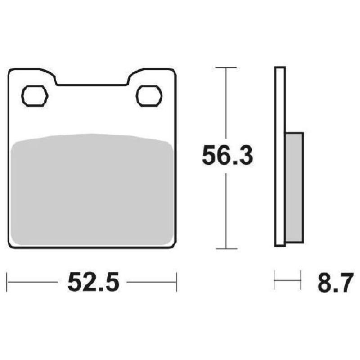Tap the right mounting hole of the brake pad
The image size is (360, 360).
[x=149, y=96]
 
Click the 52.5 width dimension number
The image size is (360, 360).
[x=93, y=283]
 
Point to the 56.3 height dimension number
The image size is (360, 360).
[x=228, y=156]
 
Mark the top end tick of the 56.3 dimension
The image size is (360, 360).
[x=226, y=68]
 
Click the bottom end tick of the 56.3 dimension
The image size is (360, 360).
[x=226, y=248]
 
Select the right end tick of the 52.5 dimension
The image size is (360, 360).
[x=176, y=282]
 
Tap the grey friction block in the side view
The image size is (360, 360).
[x=294, y=187]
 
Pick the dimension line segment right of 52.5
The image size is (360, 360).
[x=152, y=282]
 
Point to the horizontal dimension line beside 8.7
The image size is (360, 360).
[x=288, y=282]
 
